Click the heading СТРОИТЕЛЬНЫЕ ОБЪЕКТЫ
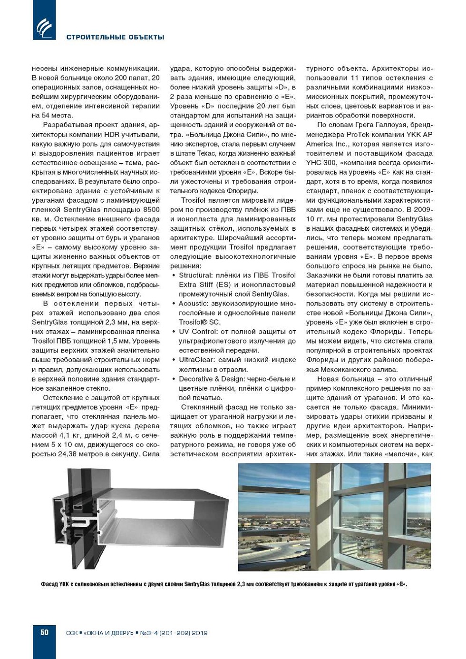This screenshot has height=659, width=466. (x=115, y=37)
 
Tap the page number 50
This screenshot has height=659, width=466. (x=44, y=632)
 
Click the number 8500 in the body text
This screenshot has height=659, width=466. (x=151, y=210)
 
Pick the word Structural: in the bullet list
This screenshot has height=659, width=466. (x=196, y=275)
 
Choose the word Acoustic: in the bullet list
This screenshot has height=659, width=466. (x=193, y=304)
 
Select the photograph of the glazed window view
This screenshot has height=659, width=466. (x=334, y=516)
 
